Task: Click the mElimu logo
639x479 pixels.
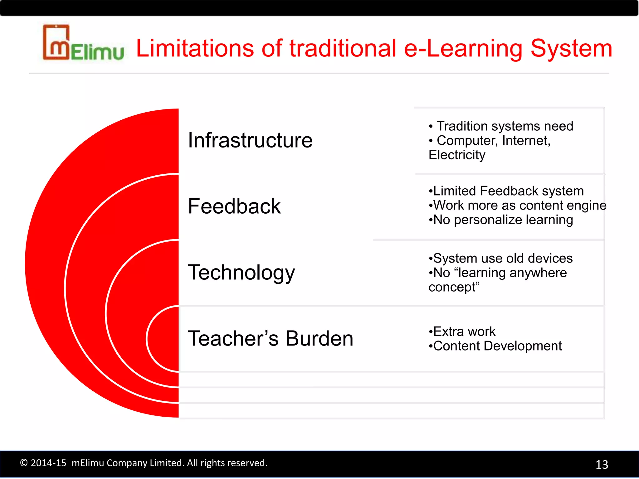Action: pyautogui.click(x=83, y=43)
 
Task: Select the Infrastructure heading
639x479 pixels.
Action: pyautogui.click(x=250, y=140)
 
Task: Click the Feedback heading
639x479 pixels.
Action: pyautogui.click(x=234, y=206)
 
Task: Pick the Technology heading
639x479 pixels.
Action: pyautogui.click(x=241, y=273)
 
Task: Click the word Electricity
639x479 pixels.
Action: pyautogui.click(x=457, y=155)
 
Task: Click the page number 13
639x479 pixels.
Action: pyautogui.click(x=602, y=465)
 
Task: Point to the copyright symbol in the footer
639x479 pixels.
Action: pyautogui.click(x=24, y=463)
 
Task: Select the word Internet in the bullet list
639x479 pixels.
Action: pyautogui.click(x=525, y=141)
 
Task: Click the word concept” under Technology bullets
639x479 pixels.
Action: pyautogui.click(x=454, y=287)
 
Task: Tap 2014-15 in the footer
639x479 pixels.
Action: pyautogui.click(x=48, y=463)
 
